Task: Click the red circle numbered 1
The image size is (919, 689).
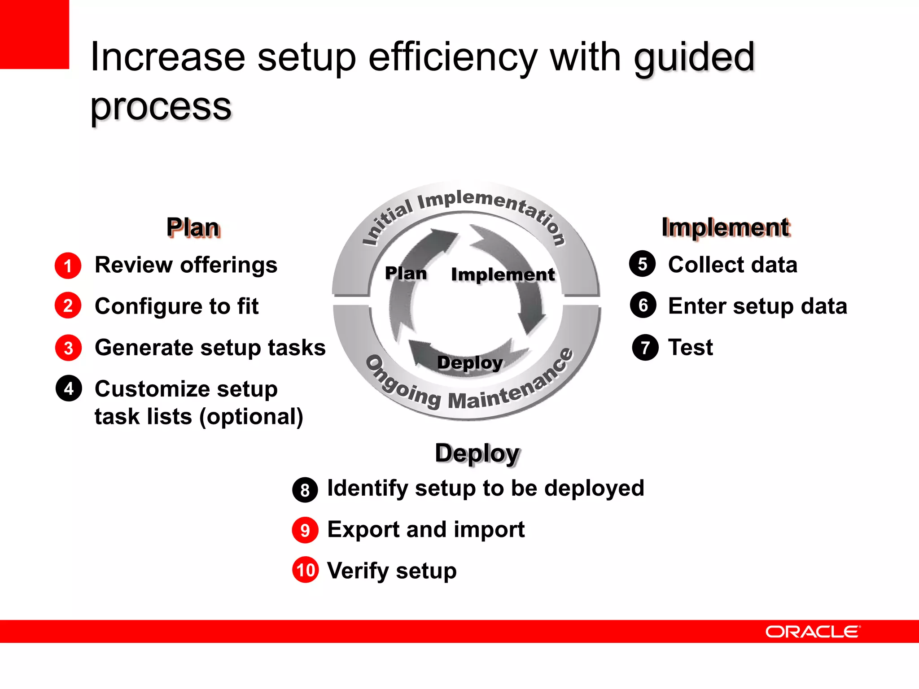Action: point(68,266)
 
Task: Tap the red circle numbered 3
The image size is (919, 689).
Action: point(68,348)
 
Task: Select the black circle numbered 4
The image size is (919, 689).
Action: point(69,388)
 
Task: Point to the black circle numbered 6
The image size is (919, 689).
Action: point(643,305)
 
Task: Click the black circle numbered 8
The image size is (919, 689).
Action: point(305,490)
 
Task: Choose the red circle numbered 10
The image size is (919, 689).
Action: point(306,570)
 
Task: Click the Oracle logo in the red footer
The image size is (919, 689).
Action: point(813,632)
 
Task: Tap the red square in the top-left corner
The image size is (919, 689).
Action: point(34,34)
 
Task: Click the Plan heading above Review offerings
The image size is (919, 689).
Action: point(193,227)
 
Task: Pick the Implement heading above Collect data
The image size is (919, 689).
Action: point(725,227)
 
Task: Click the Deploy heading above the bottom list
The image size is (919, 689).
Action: point(477,454)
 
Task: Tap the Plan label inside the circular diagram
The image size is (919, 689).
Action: point(406,273)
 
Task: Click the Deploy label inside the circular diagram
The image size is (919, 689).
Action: point(470,362)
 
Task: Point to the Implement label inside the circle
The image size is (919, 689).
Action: point(503,275)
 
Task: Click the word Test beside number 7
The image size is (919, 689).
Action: point(690,347)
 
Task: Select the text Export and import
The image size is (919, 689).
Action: point(425,529)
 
